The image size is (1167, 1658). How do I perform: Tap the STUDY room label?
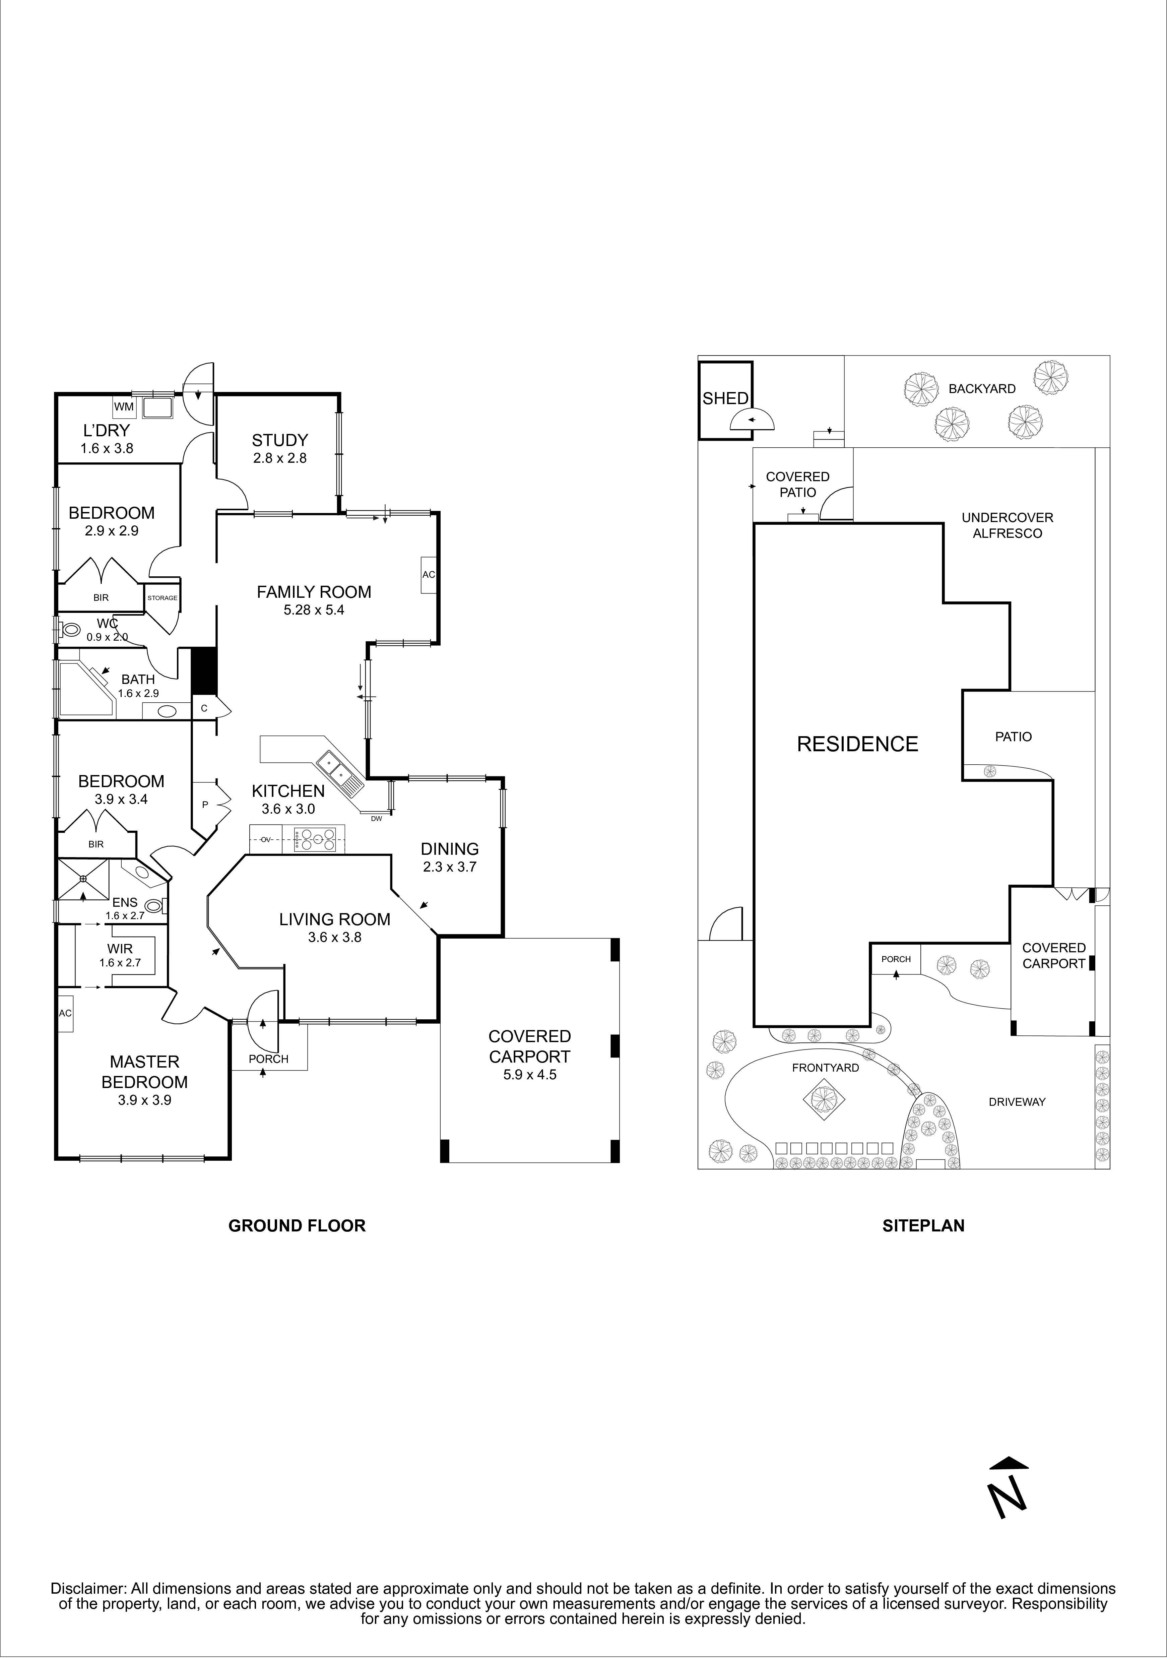[x=279, y=440]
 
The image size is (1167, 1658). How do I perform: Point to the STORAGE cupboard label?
[x=163, y=598]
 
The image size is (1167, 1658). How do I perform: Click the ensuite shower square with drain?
[x=83, y=879]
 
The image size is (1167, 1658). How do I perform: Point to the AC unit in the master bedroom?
[x=65, y=1013]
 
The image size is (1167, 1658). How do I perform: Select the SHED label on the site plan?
[x=725, y=399]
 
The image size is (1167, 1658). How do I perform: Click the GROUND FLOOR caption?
[x=297, y=1225]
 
